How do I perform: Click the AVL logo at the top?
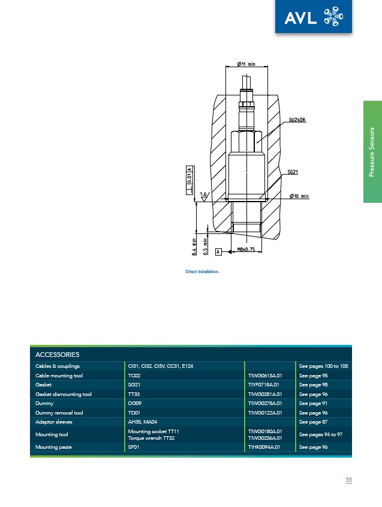314,16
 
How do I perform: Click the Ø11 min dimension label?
246,64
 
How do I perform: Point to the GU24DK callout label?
297,119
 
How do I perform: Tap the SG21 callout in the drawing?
293,172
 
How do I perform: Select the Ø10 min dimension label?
299,196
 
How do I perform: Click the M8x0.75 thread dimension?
246,249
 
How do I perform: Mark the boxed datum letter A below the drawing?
218,251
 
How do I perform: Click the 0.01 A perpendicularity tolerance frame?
190,180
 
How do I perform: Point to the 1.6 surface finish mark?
204,196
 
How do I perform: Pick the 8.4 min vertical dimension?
194,247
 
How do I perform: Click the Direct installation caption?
202,272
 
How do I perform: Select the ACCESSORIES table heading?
58,355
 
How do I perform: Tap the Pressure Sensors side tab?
372,152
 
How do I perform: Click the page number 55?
348,480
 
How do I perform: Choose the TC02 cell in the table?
134,376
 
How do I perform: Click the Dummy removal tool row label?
59,413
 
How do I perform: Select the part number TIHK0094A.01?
264,447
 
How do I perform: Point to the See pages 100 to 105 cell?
323,367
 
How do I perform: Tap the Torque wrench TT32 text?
151,438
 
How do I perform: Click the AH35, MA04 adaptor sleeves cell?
143,422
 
